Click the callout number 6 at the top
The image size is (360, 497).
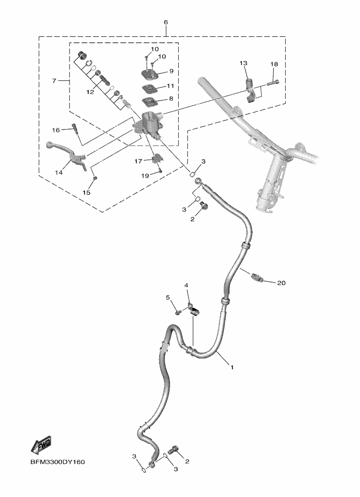point(166,22)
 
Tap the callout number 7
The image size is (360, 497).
point(54,81)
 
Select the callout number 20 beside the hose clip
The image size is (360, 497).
point(281,283)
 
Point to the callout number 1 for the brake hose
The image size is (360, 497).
point(232,367)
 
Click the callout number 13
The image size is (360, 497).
point(243,63)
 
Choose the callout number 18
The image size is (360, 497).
point(274,64)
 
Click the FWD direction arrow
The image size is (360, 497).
point(41,446)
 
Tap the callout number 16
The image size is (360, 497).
point(56,130)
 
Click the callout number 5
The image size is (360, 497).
point(168,297)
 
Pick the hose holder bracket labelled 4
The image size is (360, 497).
point(193,310)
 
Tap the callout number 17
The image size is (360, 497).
point(139,161)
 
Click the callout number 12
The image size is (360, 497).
point(90,92)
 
